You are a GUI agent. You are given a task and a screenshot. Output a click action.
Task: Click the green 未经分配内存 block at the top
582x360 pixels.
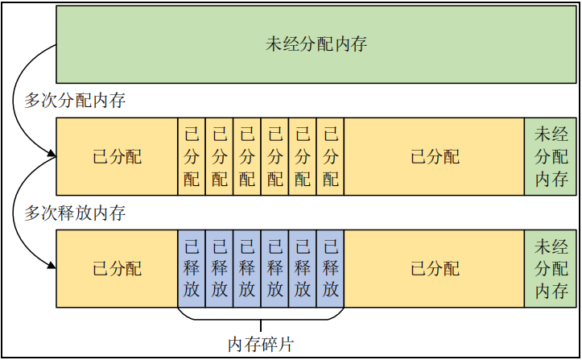coord(316,44)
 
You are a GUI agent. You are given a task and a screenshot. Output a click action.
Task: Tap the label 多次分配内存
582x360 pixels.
coord(75,101)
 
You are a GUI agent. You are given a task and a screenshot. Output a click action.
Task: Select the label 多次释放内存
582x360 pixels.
coord(75,213)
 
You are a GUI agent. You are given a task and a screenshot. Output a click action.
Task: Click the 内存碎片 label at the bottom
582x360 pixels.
coord(260,345)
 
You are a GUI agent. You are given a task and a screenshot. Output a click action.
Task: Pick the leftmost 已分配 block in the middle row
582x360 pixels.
coord(117,156)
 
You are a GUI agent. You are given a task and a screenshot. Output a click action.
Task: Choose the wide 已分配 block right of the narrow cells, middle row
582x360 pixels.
coord(434,156)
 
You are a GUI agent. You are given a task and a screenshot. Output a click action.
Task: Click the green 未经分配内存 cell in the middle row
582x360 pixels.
coord(551,156)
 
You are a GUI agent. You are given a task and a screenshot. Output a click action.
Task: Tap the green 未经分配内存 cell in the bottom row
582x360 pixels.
coord(551,268)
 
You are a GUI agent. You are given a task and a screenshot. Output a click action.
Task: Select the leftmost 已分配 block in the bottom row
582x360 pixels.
coord(117,268)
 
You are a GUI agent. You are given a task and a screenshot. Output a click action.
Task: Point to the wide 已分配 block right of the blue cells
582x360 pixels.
coord(434,268)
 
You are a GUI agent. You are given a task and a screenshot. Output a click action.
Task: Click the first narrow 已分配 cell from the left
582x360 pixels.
coord(192,156)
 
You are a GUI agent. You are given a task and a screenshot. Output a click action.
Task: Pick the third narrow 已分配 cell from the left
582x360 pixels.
coord(247,156)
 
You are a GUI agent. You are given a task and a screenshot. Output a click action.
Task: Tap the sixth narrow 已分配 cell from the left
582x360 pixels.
coord(330,156)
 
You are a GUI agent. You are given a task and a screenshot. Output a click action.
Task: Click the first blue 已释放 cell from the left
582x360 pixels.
coord(192,268)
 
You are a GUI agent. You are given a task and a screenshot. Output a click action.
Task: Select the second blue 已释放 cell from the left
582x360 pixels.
coord(220,268)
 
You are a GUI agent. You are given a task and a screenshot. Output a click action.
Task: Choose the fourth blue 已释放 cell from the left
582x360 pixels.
coord(274,268)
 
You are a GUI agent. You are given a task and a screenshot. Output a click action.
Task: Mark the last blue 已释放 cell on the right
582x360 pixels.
coord(330,268)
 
